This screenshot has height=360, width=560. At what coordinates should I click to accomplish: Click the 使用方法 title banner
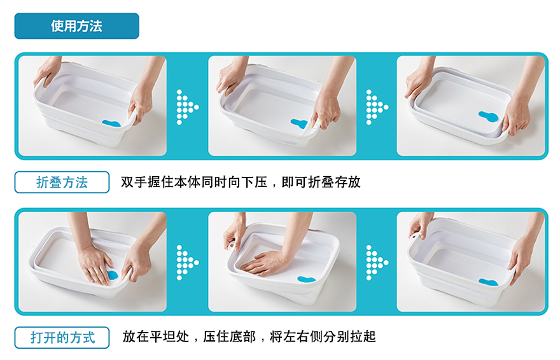76,26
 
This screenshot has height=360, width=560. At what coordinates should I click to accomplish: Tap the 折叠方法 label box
62,183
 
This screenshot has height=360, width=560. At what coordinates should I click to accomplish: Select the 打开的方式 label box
62,338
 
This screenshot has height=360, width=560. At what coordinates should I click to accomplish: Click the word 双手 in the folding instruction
134,182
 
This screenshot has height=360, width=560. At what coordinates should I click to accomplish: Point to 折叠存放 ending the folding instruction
334,182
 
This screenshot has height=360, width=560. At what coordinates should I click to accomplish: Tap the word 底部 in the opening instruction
242,336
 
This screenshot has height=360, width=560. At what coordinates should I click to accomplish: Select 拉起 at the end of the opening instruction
363,336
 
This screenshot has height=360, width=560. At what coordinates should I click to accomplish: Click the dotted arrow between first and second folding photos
187,107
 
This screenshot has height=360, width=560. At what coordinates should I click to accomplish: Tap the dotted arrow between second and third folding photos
377,107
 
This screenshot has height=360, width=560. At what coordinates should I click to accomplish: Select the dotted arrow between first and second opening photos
187,263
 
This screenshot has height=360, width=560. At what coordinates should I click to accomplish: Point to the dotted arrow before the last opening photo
377,263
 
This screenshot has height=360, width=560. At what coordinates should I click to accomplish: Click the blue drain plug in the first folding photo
111,123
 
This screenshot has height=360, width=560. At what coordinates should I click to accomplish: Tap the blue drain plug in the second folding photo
299,123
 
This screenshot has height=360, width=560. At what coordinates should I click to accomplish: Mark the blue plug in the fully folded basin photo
488,116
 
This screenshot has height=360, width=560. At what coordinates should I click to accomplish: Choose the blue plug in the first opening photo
112,275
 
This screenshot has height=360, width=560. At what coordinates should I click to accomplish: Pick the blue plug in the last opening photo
488,282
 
